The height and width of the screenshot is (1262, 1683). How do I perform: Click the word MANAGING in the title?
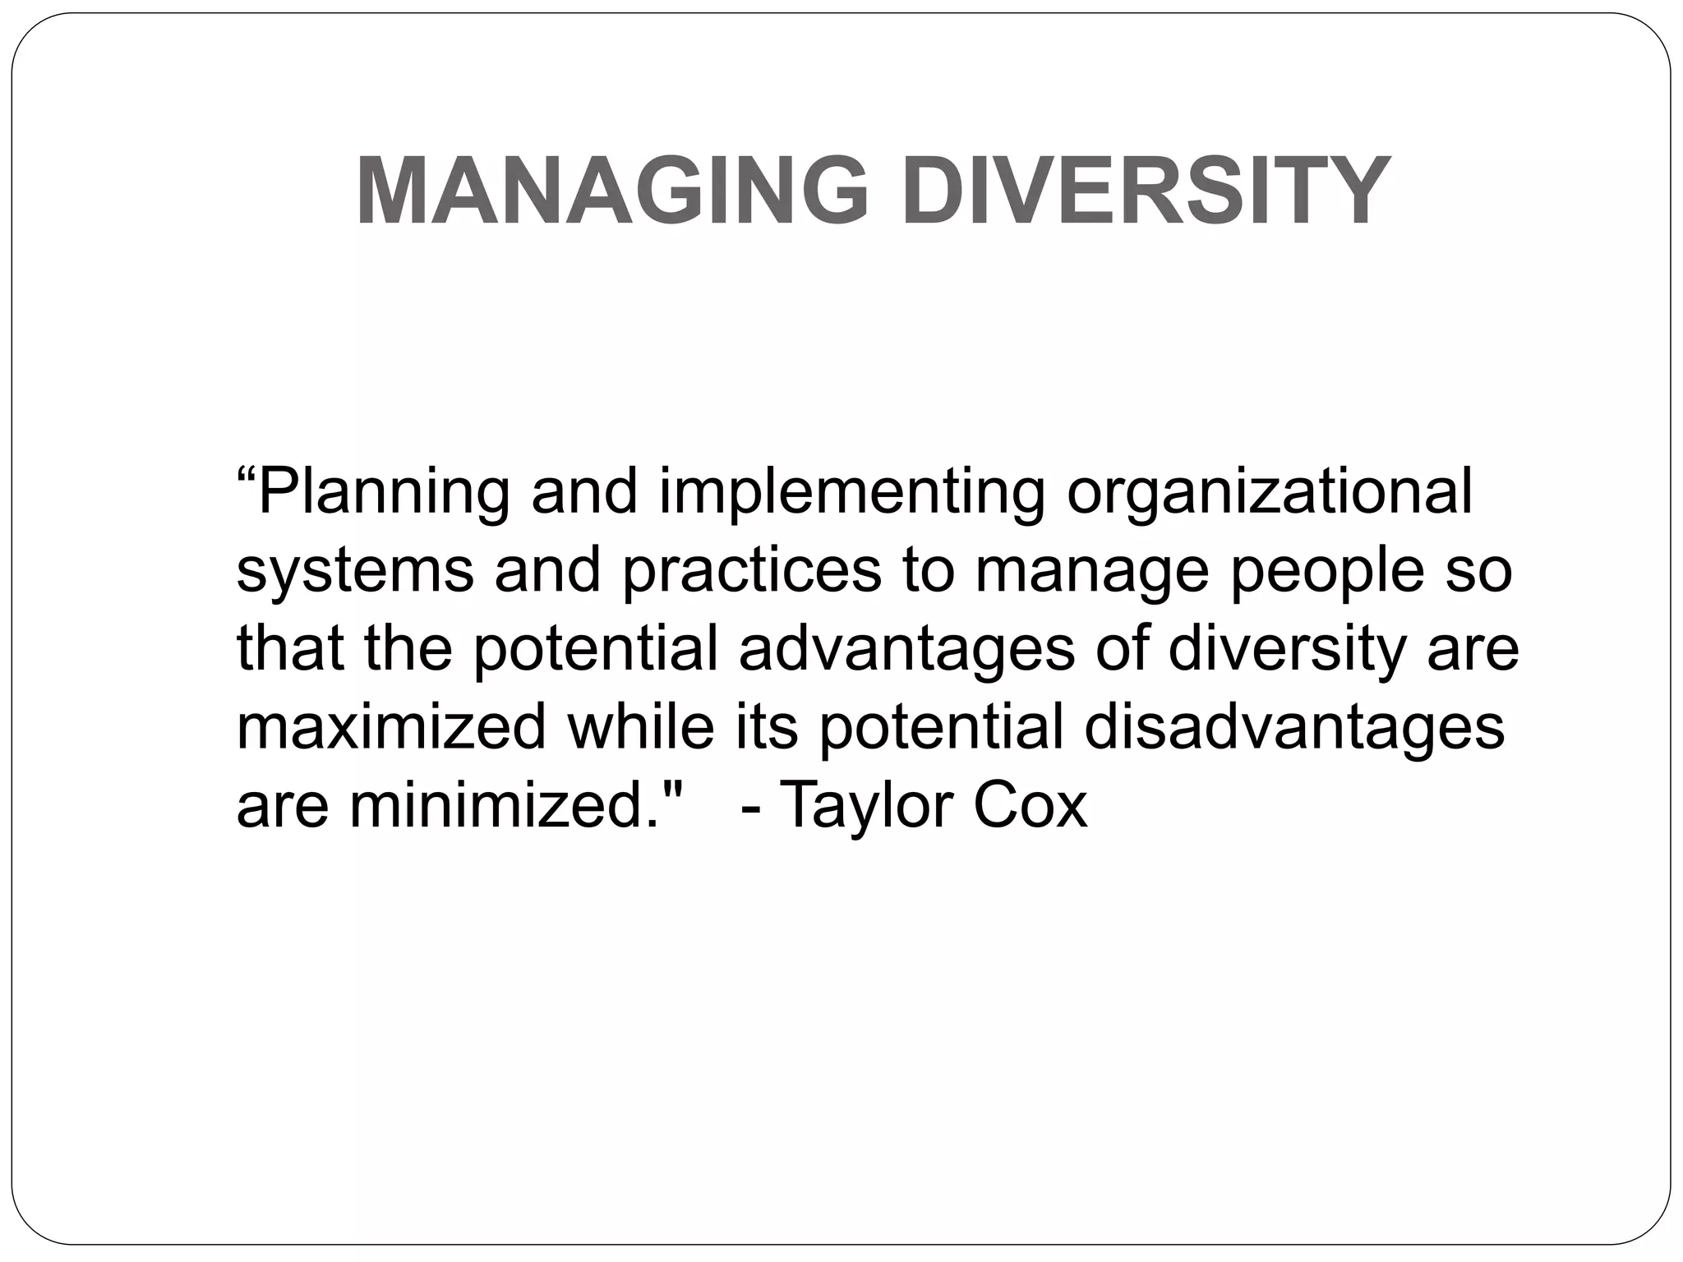611,191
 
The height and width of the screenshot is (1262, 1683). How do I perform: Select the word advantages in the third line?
907,650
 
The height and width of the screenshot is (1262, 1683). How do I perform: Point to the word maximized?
391,727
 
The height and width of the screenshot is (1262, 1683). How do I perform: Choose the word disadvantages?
1294,727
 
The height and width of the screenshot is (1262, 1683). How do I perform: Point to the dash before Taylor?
750,807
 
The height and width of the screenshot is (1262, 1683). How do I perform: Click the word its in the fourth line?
766,727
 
